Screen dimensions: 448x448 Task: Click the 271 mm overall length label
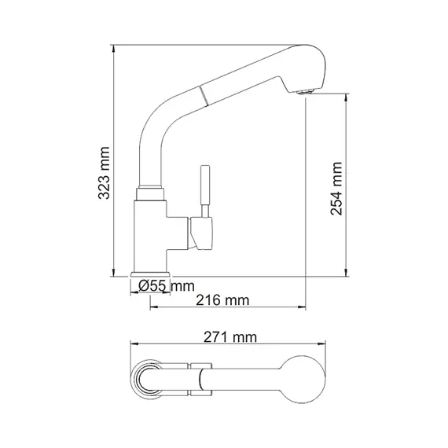pos(231,337)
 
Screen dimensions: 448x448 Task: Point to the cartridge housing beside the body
pos(200,234)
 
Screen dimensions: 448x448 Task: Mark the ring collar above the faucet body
pos(151,192)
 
